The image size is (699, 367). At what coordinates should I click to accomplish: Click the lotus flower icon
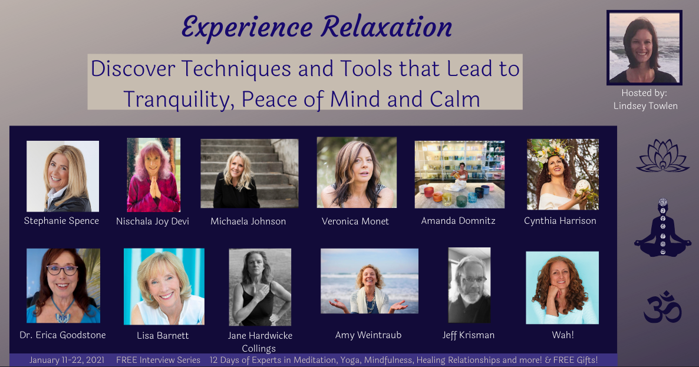pos(662,156)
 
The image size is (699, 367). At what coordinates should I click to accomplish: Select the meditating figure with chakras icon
pos(662,227)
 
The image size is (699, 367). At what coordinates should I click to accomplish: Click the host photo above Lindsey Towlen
pos(644,47)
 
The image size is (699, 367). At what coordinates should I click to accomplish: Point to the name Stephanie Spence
pos(61,221)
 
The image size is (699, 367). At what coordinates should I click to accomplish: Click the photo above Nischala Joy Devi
pos(154,174)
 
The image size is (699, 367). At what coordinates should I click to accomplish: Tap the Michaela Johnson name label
pos(248,221)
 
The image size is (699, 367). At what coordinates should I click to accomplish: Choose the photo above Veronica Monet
pos(357,173)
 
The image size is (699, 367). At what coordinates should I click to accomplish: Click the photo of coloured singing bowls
pos(460,174)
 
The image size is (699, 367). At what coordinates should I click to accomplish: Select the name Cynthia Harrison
pos(560,221)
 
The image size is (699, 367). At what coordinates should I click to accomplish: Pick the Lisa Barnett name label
pos(163,335)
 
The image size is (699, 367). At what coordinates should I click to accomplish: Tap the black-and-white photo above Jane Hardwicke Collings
pos(260,287)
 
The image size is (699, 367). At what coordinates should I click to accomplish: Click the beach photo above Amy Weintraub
pos(370,281)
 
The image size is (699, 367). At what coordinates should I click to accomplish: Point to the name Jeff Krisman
pos(469,335)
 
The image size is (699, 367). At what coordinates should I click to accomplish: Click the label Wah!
pos(563,335)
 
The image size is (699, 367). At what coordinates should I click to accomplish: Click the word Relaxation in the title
pos(386,27)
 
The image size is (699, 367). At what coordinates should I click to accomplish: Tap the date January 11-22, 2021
pos(67,360)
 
